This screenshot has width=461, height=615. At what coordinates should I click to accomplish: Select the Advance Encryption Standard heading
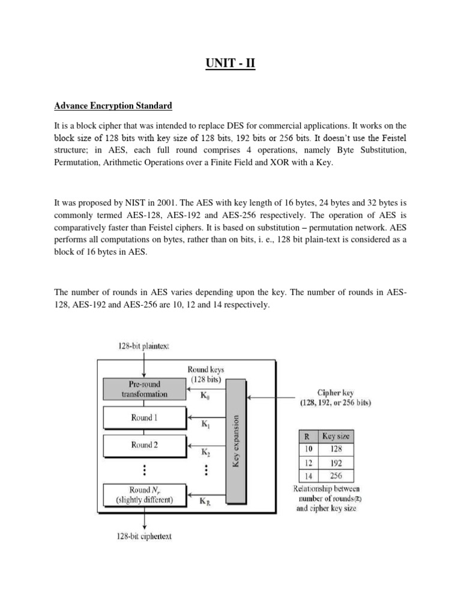click(113, 106)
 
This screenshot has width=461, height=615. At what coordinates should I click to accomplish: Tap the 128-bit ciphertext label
click(144, 536)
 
